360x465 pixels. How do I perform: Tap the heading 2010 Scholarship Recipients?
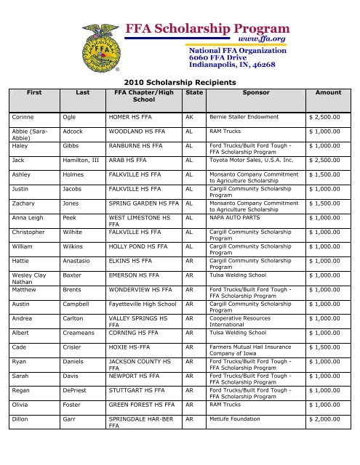coord(180,83)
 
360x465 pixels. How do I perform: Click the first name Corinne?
coord(25,116)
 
